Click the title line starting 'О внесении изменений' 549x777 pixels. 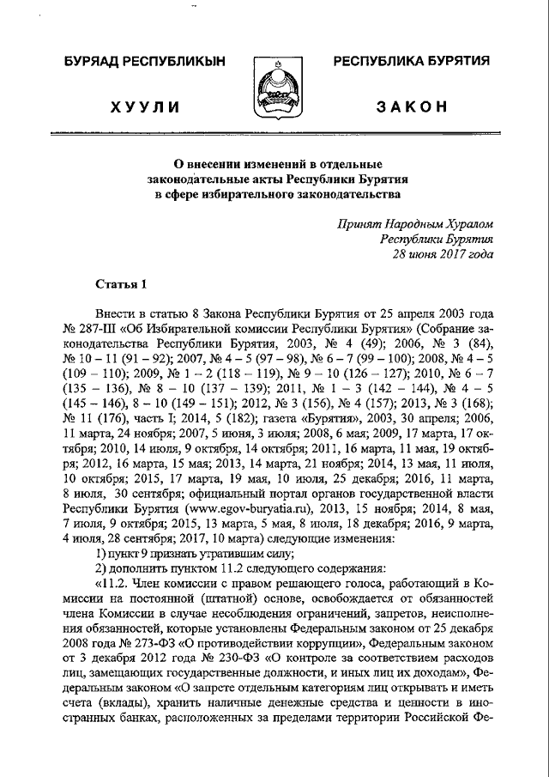[x=272, y=163]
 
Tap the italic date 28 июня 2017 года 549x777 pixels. [x=443, y=255]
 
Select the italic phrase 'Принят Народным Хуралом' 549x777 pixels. [x=415, y=224]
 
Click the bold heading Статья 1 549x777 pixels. [x=122, y=283]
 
